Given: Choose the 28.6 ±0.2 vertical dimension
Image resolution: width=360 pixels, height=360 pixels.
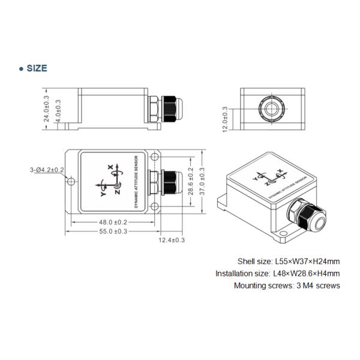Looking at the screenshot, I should coord(191,182).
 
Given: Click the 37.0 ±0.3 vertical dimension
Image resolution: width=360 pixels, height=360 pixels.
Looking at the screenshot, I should coord(202,182).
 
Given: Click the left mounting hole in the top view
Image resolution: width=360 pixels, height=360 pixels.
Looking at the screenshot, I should coord(71,182).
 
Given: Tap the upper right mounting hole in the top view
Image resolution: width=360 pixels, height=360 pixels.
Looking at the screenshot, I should coord(155,158).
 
